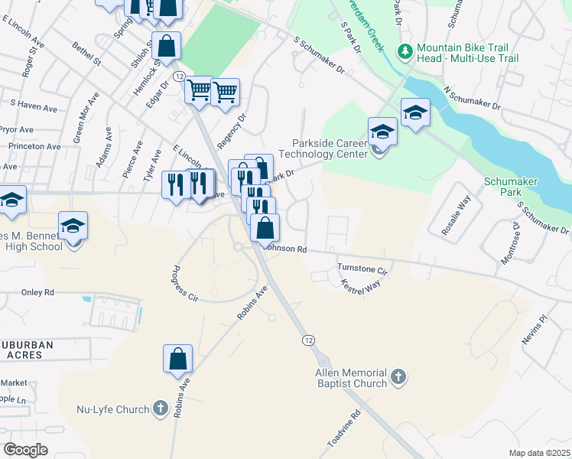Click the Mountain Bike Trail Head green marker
[405, 51]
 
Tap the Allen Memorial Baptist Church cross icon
[398, 376]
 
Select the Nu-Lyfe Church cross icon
[160, 409]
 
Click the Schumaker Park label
[512, 187]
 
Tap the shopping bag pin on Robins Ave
[177, 359]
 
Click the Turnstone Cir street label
[363, 269]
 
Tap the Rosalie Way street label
[456, 216]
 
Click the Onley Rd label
[38, 292]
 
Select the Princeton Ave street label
[34, 146]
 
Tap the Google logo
[26, 449]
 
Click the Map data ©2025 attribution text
[539, 453]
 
